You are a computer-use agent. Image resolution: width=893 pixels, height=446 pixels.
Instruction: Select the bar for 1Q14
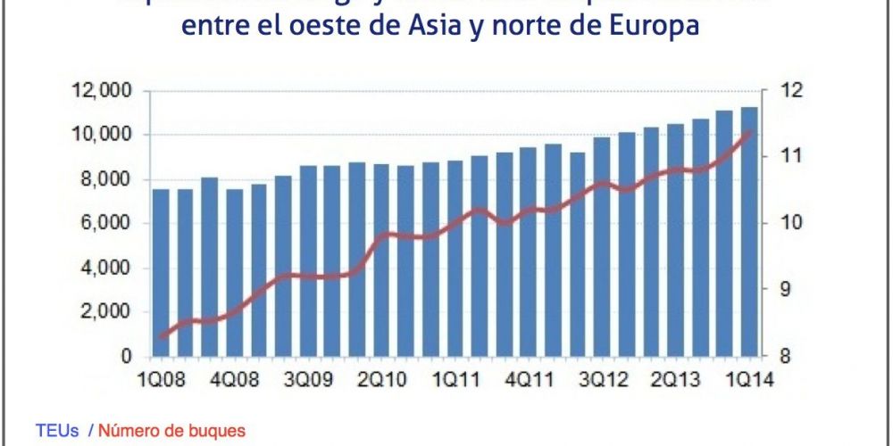pos(750,231)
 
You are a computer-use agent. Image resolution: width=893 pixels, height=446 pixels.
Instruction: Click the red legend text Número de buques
pos(171,431)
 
